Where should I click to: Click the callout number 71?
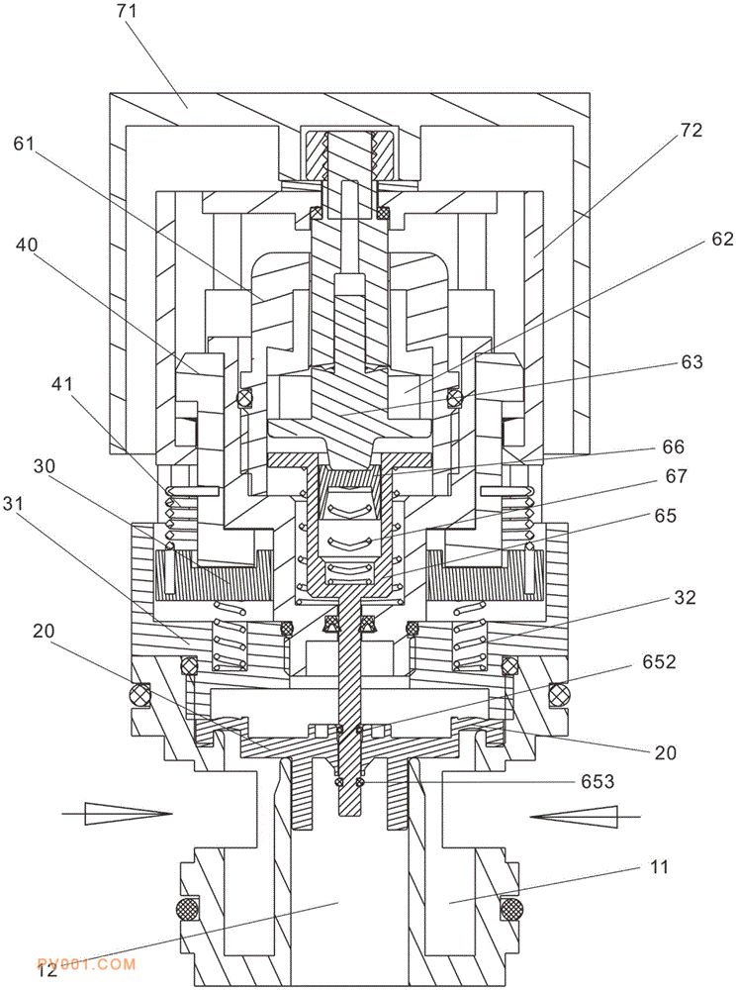(128, 13)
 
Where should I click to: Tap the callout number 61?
(25, 144)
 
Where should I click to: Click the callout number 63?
(691, 362)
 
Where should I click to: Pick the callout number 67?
(677, 477)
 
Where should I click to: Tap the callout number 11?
(660, 868)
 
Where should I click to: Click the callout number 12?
(47, 971)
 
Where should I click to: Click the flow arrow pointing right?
(115, 815)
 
